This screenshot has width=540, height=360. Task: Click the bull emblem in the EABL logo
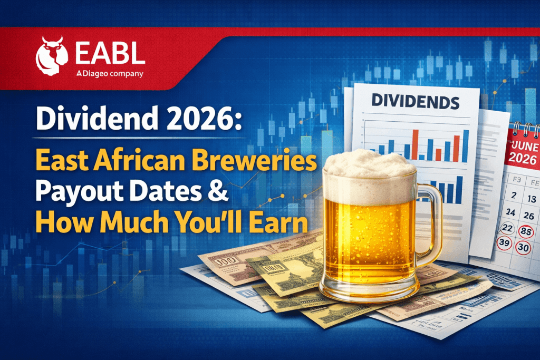tap(51, 54)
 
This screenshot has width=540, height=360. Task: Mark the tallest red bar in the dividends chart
tap(414, 143)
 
